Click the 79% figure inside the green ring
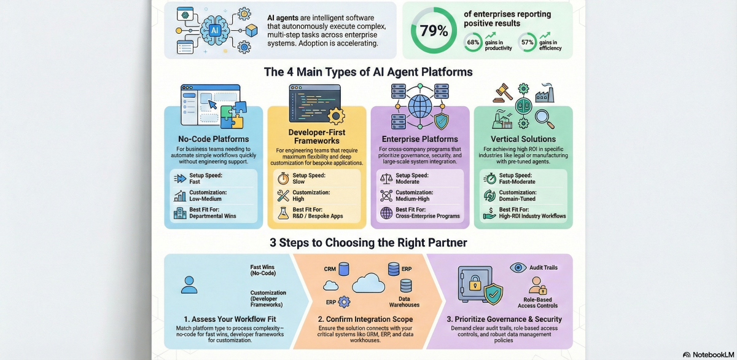click(x=434, y=29)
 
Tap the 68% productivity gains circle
click(x=474, y=43)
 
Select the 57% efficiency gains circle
click(x=527, y=43)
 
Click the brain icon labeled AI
click(x=215, y=29)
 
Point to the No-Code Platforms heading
click(x=213, y=139)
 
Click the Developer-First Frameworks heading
click(x=316, y=137)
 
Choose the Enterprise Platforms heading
click(x=419, y=139)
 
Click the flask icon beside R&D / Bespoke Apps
click(x=283, y=213)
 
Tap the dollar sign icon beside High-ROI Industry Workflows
click(x=489, y=213)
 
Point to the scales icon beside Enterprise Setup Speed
click(x=386, y=178)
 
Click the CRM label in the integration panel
click(x=330, y=269)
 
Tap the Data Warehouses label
click(x=404, y=302)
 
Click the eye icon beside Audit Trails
click(x=518, y=267)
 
